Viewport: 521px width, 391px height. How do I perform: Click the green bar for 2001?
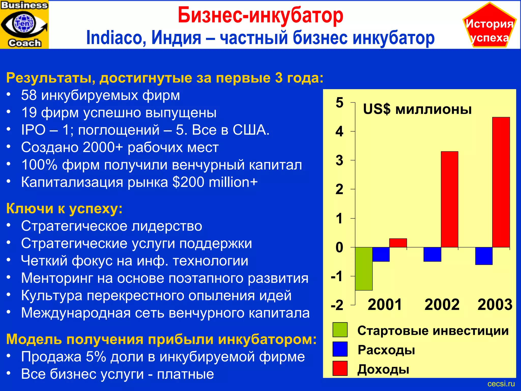coord(364,269)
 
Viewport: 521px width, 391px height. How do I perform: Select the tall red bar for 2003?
coord(501,182)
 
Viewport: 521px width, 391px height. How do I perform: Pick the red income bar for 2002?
coord(450,199)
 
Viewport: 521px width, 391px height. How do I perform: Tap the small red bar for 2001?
coord(398,243)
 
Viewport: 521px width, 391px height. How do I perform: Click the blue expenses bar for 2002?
coord(432,254)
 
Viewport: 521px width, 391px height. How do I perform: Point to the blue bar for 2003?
coord(484,256)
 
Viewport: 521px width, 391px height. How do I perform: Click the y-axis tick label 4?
coord(339,132)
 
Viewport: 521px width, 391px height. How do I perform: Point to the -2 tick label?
coord(337,305)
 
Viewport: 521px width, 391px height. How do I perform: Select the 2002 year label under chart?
coord(442,304)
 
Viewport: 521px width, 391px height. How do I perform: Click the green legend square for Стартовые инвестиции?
coord(340,330)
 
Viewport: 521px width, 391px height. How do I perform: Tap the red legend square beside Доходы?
coord(340,368)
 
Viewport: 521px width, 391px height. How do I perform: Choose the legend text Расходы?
coord(386,350)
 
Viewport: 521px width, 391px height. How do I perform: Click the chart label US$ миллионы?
coord(417,109)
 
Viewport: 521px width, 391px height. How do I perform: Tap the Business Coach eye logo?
coord(24,24)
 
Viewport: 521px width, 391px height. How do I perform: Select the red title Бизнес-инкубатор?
coord(260,15)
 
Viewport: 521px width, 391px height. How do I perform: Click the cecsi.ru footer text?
coord(501,384)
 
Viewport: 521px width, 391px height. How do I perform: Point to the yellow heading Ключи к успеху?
coord(64,208)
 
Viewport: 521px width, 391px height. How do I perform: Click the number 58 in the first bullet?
coord(29,95)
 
